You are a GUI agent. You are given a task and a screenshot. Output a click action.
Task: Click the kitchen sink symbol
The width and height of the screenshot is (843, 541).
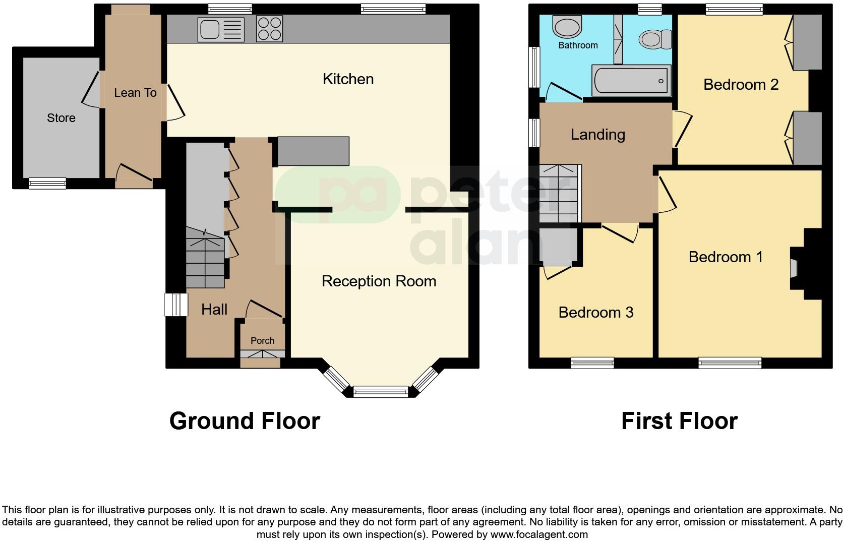pos(221,30)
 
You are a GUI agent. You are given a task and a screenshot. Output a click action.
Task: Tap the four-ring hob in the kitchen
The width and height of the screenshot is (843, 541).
pos(269,29)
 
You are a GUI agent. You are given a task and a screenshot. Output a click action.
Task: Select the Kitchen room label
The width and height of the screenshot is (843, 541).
pos(348,79)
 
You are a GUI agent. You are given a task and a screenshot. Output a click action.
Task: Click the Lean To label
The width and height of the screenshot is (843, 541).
pos(135,93)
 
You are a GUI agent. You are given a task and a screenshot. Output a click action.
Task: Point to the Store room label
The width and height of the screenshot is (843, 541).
pos(61,118)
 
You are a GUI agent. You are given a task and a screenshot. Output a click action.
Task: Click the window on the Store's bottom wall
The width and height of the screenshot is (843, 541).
pos(47,183)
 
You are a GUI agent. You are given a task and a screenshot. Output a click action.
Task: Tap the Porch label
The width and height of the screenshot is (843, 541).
pos(262,341)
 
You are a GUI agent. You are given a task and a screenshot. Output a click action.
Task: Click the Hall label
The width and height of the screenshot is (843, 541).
pos(214,309)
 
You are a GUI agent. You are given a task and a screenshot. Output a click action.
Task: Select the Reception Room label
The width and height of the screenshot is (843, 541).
pos(379,281)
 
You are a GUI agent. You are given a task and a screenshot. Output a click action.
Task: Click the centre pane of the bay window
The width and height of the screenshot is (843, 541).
pos(381,392)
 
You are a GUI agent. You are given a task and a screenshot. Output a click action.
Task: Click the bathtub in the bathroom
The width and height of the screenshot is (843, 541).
pos(632,80)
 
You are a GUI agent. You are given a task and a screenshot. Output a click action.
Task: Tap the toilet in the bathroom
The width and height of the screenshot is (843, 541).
pos(654,38)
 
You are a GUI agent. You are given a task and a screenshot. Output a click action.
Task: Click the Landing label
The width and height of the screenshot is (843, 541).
pos(597,135)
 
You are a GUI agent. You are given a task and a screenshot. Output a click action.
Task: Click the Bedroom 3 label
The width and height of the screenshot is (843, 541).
pos(595,313)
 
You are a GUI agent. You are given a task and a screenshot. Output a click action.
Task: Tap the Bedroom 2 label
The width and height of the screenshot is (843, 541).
pos(741,85)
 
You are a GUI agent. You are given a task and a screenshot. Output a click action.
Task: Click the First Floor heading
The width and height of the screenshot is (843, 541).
pos(679,421)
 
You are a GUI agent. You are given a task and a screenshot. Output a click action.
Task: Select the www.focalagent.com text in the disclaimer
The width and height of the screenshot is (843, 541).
pos(538,534)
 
